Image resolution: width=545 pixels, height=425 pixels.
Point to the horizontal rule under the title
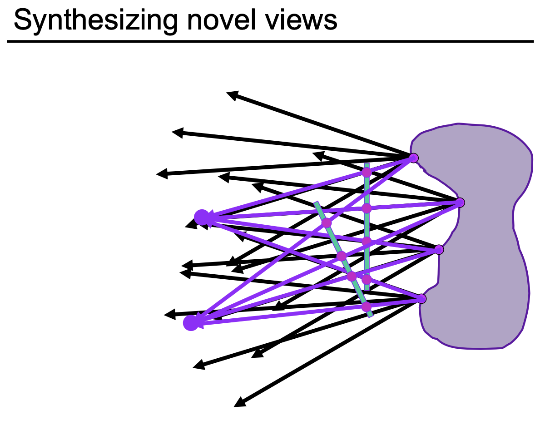pos(270,41)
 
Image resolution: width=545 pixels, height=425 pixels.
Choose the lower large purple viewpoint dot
pos(191,323)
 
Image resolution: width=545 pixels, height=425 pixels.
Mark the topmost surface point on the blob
pos(413,158)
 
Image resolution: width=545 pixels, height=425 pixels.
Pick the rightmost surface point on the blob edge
pos(460,203)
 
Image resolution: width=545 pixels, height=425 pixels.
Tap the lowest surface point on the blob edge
pos(421,298)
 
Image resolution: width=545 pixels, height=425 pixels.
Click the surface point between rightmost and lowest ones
pos(439,249)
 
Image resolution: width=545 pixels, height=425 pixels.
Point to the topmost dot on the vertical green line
pos(367,173)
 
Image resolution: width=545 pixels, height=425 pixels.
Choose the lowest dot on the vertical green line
pos(367,279)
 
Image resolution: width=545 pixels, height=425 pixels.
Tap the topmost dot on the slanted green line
pos(327,223)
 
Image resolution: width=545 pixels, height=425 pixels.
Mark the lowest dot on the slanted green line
pos(366,307)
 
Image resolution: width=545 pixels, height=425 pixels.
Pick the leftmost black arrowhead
pos(158,174)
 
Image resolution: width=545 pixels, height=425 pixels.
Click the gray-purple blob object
pos(481,236)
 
